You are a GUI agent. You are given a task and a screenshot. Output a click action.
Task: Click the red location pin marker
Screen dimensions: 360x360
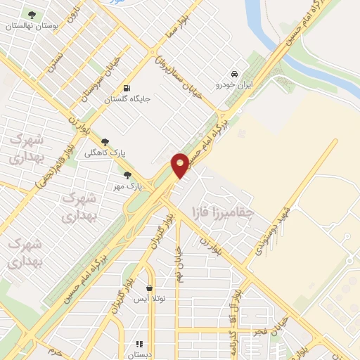click(180, 164)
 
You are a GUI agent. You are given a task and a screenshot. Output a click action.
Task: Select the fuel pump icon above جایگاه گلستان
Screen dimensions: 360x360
click(127, 88)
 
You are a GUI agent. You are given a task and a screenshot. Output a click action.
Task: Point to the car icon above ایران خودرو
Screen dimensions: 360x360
click(234, 74)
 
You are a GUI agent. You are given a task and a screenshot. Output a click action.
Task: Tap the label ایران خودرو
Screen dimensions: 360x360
click(234, 84)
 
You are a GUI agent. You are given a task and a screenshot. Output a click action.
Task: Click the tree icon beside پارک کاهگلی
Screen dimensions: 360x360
click(105, 143)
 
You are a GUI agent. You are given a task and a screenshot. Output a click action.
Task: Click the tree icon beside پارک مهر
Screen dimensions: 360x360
click(127, 176)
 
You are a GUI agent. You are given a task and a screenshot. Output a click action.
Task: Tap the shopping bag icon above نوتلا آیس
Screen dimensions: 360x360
click(150, 288)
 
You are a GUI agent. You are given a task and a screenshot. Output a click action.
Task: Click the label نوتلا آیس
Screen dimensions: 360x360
click(150, 299)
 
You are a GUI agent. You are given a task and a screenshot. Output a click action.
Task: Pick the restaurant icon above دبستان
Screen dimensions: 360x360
click(139, 344)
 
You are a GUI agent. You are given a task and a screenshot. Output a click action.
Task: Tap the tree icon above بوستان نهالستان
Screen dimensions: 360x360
click(31, 14)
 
